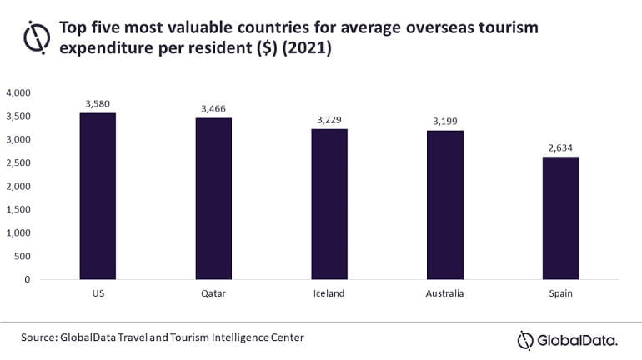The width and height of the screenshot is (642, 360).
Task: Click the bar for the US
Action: [98, 196]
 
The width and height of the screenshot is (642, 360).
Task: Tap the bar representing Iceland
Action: [329, 204]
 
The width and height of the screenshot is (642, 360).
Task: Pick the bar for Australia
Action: [445, 205]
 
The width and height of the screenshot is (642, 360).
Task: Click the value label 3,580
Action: [98, 103]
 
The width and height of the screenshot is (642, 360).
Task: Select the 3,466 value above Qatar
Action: [213, 108]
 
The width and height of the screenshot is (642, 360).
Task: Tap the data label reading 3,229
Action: [329, 120]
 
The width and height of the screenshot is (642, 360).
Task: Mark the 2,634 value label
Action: [560, 148]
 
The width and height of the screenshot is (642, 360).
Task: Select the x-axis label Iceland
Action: [329, 294]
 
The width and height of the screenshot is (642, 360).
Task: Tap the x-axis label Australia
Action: [445, 294]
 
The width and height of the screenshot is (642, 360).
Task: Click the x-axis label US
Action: [98, 294]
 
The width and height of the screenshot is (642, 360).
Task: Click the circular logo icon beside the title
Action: [38, 37]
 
